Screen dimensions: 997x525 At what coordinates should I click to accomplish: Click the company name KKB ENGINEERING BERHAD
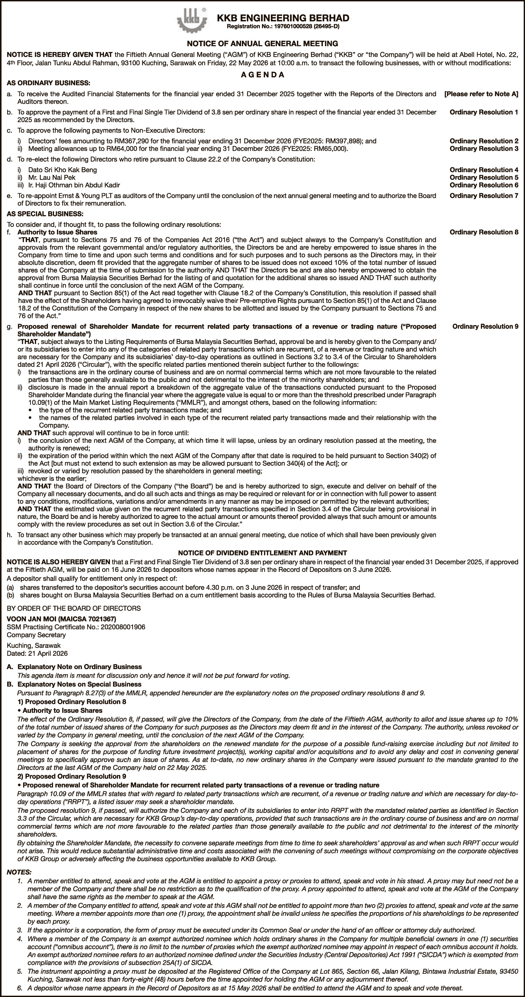[x=283, y=18]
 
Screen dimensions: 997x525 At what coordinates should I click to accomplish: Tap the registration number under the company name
[x=283, y=26]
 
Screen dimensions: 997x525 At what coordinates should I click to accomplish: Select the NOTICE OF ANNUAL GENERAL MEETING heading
[x=262, y=44]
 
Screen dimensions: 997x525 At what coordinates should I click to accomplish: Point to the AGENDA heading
[x=262, y=75]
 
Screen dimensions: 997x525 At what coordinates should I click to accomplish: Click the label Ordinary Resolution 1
[x=484, y=112]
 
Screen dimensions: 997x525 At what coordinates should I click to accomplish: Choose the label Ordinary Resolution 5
[x=484, y=178]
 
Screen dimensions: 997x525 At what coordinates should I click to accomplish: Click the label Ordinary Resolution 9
[x=485, y=327]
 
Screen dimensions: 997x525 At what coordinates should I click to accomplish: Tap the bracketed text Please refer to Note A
[x=481, y=94]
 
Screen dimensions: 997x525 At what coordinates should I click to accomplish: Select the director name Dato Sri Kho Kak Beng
[x=62, y=170]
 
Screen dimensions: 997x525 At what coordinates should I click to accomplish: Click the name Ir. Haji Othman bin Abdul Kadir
[x=74, y=185]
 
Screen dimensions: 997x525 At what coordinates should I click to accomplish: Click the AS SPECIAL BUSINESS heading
[x=45, y=214]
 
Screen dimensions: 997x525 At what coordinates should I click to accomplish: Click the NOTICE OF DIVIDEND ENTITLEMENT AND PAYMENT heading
[x=262, y=553]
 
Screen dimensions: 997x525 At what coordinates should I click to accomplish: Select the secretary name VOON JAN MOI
[x=61, y=619]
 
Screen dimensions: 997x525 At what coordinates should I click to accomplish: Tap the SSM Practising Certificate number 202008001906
[x=123, y=627]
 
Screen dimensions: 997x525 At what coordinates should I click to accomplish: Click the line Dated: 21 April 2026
[x=37, y=653]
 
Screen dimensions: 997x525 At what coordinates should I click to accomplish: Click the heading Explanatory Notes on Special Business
[x=79, y=684]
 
